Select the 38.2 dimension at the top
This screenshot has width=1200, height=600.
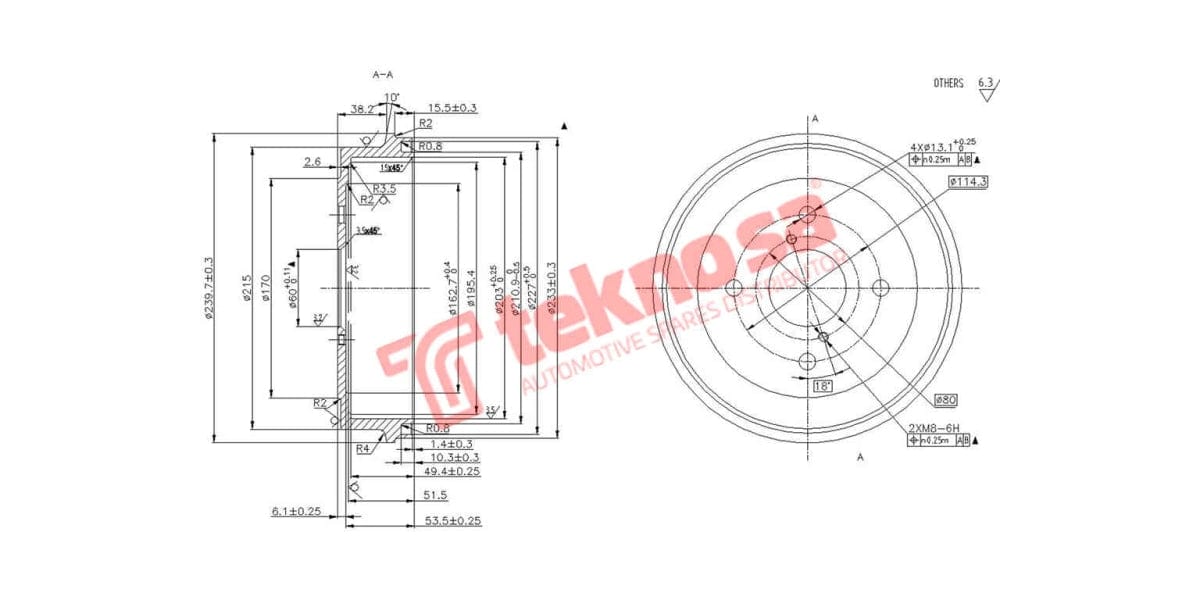(362, 108)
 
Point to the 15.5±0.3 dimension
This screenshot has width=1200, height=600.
(451, 107)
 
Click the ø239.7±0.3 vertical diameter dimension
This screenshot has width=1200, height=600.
(209, 289)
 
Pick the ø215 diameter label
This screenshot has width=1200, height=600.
(246, 289)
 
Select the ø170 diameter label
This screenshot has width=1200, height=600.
(265, 289)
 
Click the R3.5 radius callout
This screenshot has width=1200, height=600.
(385, 188)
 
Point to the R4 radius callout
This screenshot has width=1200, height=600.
(364, 447)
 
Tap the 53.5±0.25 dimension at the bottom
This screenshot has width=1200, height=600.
(453, 521)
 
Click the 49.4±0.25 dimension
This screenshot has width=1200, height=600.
(452, 470)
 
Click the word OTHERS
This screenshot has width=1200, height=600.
(948, 83)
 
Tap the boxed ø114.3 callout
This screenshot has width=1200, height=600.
(967, 181)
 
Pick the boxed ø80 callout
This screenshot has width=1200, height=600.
(946, 400)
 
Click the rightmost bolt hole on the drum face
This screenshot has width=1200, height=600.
(881, 288)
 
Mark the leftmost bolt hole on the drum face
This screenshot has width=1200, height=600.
(735, 288)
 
